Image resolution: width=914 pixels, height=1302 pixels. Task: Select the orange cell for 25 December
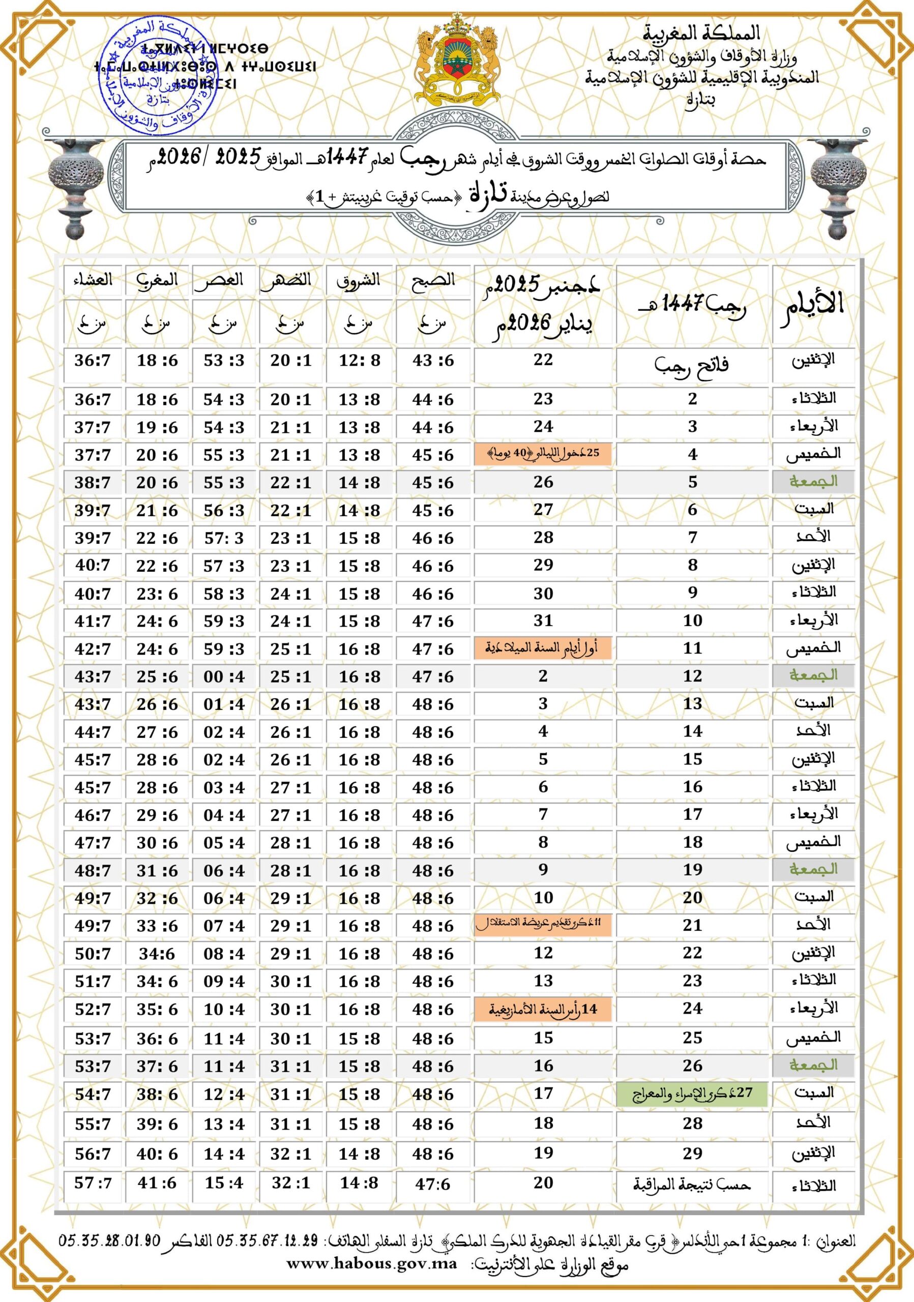pyautogui.click(x=543, y=454)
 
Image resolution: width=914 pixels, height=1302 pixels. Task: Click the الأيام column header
pyautogui.click(x=812, y=305)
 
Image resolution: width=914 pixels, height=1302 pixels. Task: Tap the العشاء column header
pyautogui.click(x=93, y=280)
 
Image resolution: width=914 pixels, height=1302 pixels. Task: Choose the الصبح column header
pyautogui.click(x=433, y=280)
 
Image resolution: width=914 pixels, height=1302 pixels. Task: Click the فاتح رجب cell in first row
pyautogui.click(x=691, y=364)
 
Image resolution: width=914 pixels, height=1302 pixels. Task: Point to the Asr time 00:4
pyautogui.click(x=224, y=676)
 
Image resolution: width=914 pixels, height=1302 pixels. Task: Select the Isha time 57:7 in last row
pyautogui.click(x=93, y=1183)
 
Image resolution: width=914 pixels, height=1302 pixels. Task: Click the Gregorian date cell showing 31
pyautogui.click(x=543, y=621)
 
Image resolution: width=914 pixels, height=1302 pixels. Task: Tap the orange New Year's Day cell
pyautogui.click(x=543, y=648)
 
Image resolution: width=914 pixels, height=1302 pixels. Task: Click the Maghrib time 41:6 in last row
pyautogui.click(x=157, y=1183)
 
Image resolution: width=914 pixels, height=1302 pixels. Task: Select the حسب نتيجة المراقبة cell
pyautogui.click(x=691, y=1184)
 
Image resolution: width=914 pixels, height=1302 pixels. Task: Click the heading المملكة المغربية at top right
pyautogui.click(x=701, y=33)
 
